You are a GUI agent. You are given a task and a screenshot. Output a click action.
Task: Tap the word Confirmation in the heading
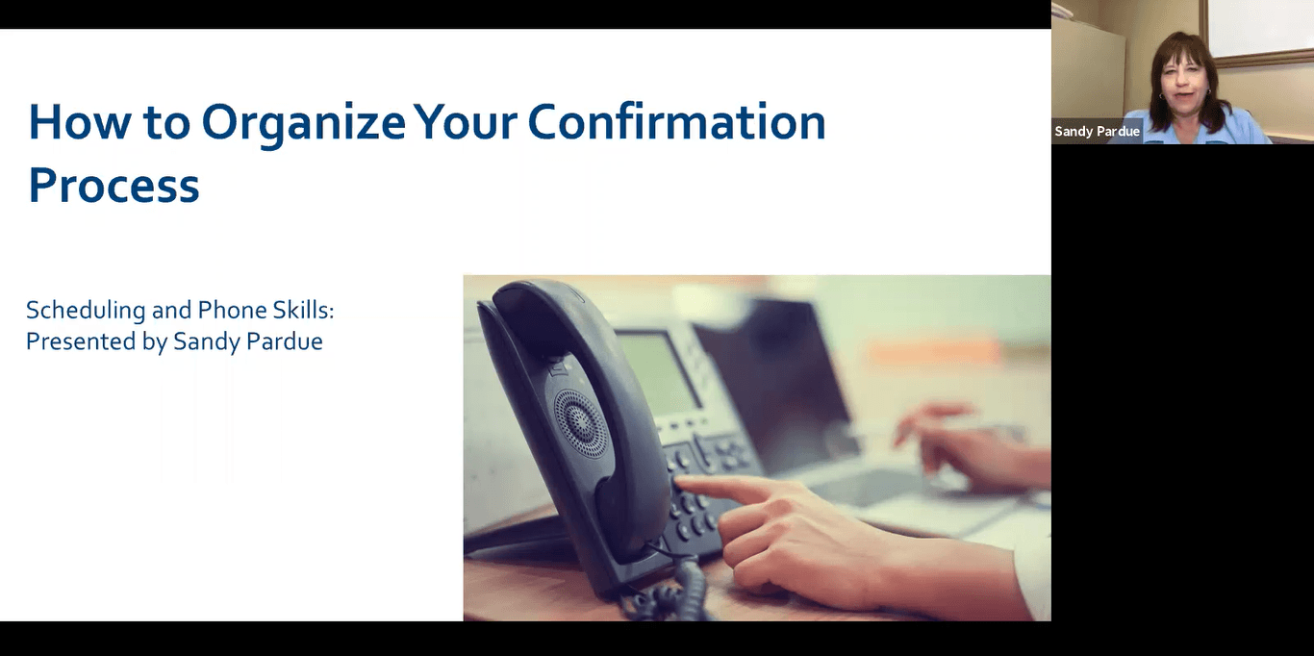tap(676, 122)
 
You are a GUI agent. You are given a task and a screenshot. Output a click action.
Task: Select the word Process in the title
tap(114, 185)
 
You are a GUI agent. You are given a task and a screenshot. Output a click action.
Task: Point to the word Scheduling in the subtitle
tap(86, 311)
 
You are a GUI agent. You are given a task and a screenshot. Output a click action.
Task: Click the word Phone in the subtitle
tap(233, 310)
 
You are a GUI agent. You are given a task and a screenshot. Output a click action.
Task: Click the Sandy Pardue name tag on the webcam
tap(1097, 132)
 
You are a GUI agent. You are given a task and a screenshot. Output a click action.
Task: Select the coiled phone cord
tap(673, 587)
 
